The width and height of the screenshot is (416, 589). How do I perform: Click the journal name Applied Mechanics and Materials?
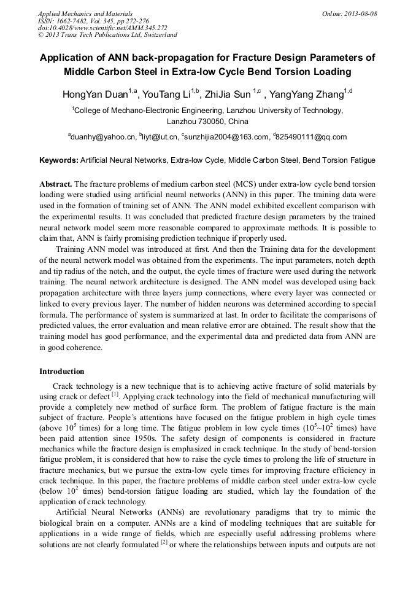[x=85, y=13]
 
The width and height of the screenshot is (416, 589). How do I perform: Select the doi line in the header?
[x=102, y=28]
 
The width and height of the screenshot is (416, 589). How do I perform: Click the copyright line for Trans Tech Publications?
[x=107, y=35]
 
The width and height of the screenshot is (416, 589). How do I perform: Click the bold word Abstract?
[x=56, y=184]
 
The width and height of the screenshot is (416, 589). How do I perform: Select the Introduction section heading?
[x=62, y=372]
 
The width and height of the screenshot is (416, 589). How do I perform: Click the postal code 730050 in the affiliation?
[x=212, y=122]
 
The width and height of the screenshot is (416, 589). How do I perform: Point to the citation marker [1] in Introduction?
[x=115, y=394]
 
